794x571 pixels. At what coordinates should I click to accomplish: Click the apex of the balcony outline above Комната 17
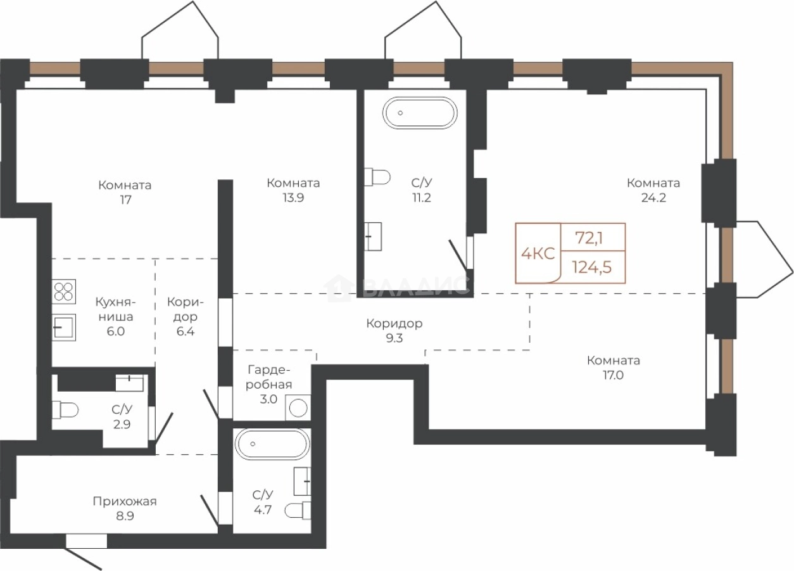click(x=193, y=1)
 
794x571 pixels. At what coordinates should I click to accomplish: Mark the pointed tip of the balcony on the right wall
click(x=793, y=273)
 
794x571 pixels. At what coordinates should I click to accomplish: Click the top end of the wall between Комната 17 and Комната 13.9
click(x=225, y=180)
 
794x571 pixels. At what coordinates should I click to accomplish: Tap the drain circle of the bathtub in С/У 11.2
click(x=400, y=113)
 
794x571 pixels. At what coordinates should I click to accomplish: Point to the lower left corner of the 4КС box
click(x=515, y=283)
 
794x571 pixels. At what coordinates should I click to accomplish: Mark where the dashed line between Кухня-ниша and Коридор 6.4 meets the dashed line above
click(x=155, y=259)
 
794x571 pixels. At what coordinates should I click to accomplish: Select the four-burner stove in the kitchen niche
click(x=64, y=292)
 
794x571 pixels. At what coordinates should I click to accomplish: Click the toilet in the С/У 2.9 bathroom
click(x=65, y=411)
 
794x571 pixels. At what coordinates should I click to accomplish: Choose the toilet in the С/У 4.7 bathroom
click(x=298, y=510)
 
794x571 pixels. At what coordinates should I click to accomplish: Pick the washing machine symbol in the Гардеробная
click(x=298, y=407)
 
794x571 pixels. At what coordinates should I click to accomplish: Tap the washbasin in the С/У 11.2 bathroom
click(x=373, y=236)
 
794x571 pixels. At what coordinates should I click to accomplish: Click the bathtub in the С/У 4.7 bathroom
click(x=272, y=444)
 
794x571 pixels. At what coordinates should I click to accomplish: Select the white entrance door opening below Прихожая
click(x=86, y=541)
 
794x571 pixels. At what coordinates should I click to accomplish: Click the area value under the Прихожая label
click(x=125, y=516)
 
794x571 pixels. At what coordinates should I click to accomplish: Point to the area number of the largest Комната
click(x=653, y=198)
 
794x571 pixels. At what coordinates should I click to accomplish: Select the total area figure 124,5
click(x=592, y=267)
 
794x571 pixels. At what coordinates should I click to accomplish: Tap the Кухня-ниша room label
click(x=116, y=309)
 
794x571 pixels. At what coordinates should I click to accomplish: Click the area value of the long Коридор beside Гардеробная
click(x=394, y=338)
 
